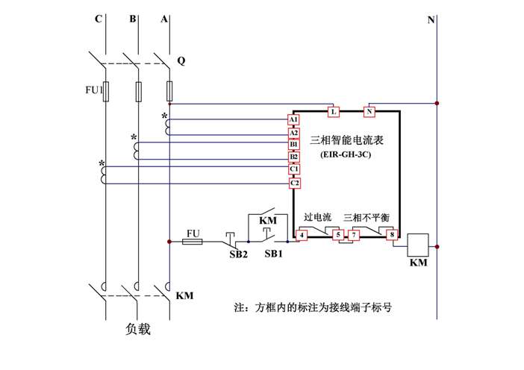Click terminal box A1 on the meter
[x=293, y=119]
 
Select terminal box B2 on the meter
[x=293, y=157]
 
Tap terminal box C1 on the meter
[x=293, y=169]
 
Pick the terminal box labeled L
[x=334, y=112]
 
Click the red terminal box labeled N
[x=369, y=112]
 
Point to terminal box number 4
[x=302, y=236]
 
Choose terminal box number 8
[x=392, y=236]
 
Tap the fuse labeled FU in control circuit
[x=194, y=241]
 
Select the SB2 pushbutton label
[x=238, y=255]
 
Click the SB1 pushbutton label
[x=274, y=255]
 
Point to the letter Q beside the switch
[x=181, y=60]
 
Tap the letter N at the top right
[x=431, y=20]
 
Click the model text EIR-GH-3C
[x=344, y=156]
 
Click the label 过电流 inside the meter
[x=316, y=218]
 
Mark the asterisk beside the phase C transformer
[x=102, y=163]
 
